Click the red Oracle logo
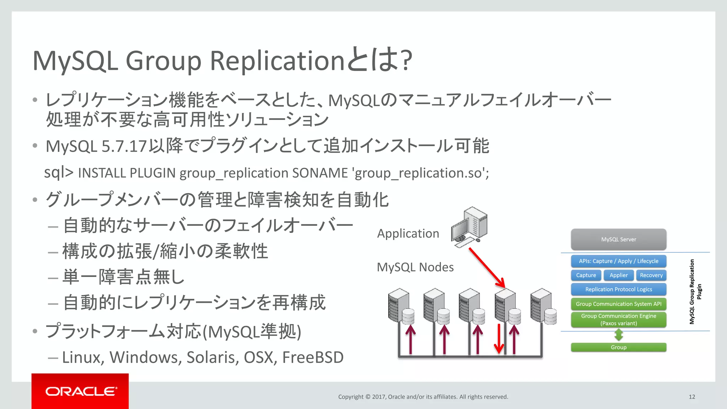(x=80, y=391)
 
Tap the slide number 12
(x=692, y=397)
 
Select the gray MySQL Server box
(x=618, y=239)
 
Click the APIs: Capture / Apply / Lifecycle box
(x=618, y=261)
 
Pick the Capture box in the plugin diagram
(x=586, y=275)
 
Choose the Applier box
(x=618, y=275)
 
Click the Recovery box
(x=651, y=275)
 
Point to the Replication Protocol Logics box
(x=618, y=289)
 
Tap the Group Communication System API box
(x=618, y=304)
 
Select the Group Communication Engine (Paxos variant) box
(x=618, y=320)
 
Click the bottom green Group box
(x=618, y=347)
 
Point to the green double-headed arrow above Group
(x=619, y=334)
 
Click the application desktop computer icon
(x=469, y=227)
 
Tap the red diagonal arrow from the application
(x=487, y=267)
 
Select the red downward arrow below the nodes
(x=499, y=339)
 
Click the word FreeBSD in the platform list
(x=313, y=357)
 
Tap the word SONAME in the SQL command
(x=320, y=173)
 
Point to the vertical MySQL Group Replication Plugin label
(x=695, y=291)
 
